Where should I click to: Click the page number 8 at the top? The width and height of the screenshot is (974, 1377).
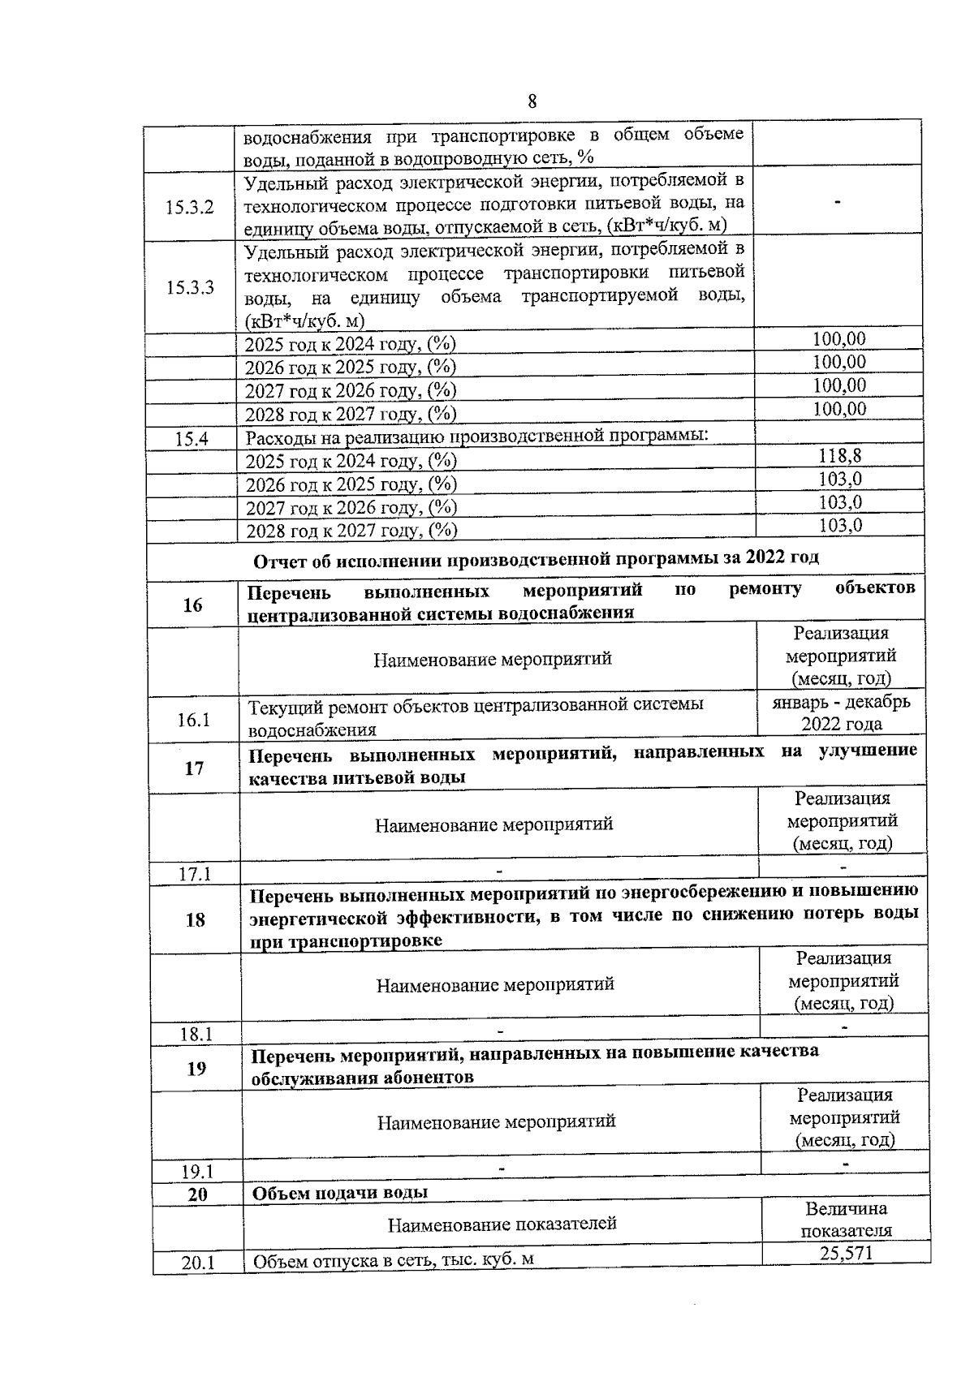532,101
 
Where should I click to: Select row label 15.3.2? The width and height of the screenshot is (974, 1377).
190,207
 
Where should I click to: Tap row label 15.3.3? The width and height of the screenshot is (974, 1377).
190,287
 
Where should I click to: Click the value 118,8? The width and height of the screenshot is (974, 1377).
839,455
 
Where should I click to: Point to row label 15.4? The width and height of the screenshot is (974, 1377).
192,439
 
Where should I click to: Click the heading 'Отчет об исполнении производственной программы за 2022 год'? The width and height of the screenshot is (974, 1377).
536,559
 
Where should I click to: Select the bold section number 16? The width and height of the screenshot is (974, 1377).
192,605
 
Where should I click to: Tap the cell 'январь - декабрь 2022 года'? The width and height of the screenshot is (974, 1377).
841,712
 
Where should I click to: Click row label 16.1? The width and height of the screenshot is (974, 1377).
194,720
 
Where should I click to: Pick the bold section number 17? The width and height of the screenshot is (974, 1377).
194,768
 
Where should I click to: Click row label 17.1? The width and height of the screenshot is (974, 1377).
195,874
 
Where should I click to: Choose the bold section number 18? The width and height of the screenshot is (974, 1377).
196,919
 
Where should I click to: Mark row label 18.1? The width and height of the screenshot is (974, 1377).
196,1035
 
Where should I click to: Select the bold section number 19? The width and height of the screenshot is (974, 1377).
196,1069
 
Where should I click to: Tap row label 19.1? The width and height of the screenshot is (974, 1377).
196,1172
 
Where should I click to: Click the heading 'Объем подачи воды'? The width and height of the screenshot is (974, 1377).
340,1193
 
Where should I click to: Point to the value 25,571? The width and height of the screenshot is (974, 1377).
846,1254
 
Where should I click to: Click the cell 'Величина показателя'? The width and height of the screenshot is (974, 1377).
846,1220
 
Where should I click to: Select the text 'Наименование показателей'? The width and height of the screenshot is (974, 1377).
502,1224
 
